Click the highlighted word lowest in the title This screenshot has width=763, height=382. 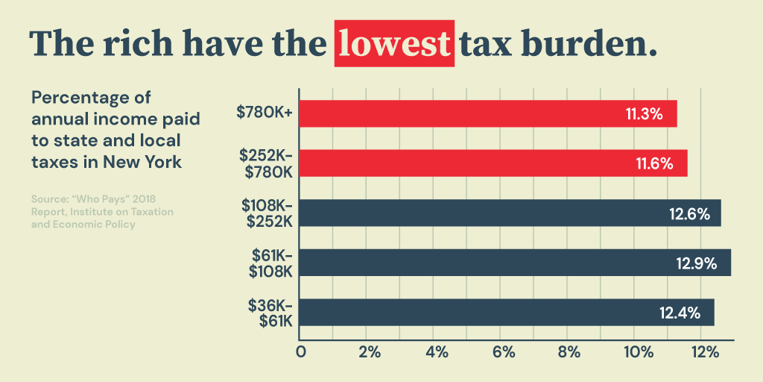tap(394, 43)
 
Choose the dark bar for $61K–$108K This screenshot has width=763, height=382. tap(514, 263)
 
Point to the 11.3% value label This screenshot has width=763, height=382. tap(644, 114)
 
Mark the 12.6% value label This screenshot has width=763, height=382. tap(689, 214)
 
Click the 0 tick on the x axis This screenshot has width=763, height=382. tap(301, 351)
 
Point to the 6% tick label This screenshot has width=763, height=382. tap(504, 351)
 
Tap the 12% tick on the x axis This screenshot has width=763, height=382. tap(705, 351)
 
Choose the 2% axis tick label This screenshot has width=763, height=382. tap(370, 351)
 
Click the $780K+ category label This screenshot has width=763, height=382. tap(265, 113)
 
